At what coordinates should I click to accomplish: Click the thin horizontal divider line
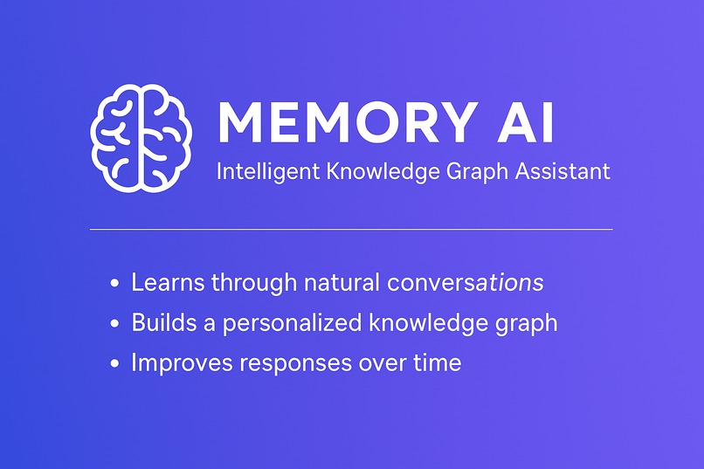click(x=351, y=230)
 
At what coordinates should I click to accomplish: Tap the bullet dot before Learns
click(x=116, y=284)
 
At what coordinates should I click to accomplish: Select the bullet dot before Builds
click(x=116, y=324)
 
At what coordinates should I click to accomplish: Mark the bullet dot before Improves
click(x=116, y=364)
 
